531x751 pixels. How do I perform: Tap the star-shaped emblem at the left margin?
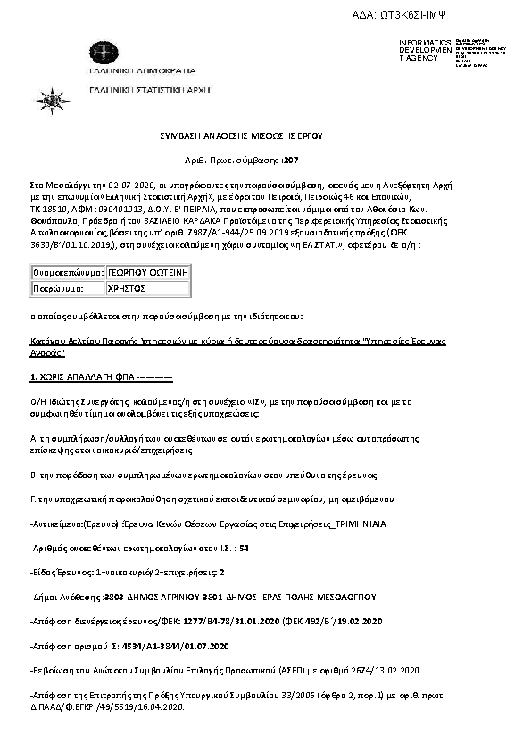tap(44, 94)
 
